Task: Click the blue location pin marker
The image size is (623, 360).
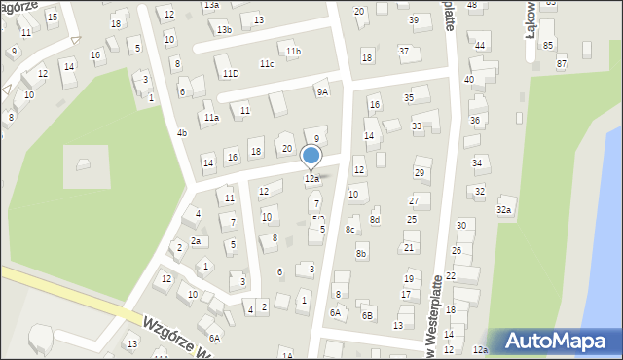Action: tap(311, 157)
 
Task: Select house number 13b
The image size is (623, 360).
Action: tap(225, 30)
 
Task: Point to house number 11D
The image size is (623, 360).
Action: tap(230, 73)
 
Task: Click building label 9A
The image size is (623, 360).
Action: tap(322, 91)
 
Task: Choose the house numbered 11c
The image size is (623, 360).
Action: tap(267, 64)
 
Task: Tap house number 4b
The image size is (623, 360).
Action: tap(182, 132)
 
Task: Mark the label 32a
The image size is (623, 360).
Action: tap(504, 209)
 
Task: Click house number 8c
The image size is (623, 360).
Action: tap(349, 229)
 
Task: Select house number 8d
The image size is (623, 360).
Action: tap(375, 220)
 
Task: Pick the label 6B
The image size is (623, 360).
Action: tap(367, 315)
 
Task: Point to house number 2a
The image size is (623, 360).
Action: tap(196, 241)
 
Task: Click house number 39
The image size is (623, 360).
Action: tap(414, 20)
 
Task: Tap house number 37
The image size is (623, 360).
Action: tap(404, 51)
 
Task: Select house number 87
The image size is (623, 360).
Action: tap(562, 63)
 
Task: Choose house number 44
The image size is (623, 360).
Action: tap(479, 46)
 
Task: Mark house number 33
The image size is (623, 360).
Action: tap(417, 126)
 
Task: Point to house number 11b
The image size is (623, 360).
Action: tap(293, 51)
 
